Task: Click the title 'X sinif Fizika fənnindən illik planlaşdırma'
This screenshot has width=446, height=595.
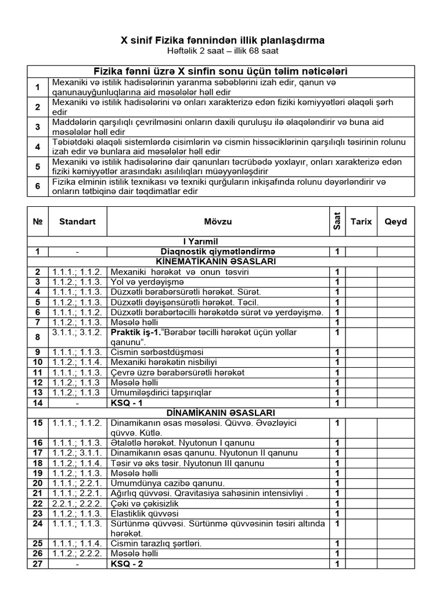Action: coord(222,40)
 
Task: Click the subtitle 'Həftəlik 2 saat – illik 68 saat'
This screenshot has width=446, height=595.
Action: coord(222,51)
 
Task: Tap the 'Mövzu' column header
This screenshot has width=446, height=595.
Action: coord(218,221)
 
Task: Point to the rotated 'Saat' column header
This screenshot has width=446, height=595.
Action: coord(336,221)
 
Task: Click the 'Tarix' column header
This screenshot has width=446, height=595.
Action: coord(361,221)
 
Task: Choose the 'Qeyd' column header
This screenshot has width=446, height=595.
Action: coord(395,221)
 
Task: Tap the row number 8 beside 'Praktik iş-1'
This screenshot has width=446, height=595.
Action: coord(38,337)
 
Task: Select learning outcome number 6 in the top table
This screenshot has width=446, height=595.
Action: coord(38,187)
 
